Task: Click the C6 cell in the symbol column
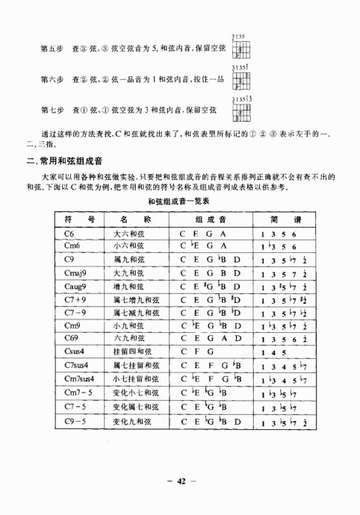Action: coord(72,234)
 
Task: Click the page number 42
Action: coord(180,479)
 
